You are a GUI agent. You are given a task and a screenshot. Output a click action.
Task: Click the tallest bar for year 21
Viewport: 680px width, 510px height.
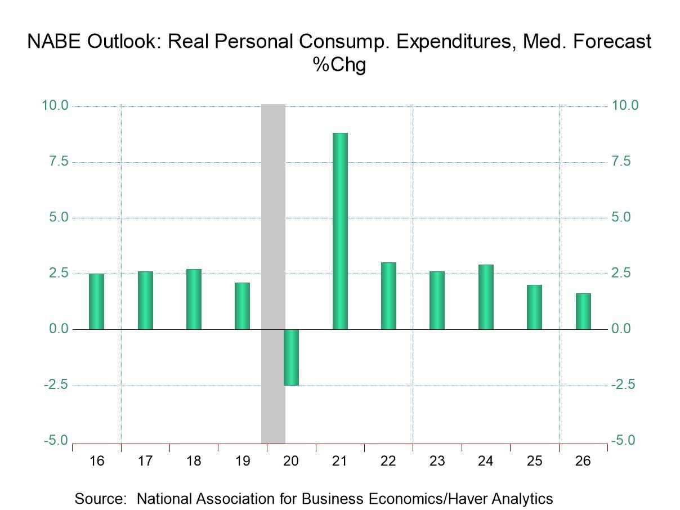(x=340, y=231)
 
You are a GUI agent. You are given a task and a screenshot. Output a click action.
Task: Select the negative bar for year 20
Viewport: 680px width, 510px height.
(x=291, y=357)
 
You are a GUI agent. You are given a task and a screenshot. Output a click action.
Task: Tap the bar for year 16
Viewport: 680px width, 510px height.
(x=97, y=301)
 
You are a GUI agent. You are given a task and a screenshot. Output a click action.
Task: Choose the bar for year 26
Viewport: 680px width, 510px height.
(x=583, y=311)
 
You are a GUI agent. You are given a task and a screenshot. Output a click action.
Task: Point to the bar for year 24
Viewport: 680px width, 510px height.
(x=486, y=297)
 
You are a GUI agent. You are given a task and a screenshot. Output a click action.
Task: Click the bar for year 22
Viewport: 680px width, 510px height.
(x=388, y=296)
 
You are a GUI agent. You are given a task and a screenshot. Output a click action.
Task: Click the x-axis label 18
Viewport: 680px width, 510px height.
(x=194, y=462)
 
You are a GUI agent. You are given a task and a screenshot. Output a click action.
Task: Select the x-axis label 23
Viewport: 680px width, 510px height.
(x=437, y=462)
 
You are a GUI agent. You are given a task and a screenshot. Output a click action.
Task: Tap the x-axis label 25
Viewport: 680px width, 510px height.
(x=534, y=462)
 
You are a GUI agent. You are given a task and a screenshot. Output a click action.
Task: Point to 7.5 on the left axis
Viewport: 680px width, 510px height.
(x=56, y=162)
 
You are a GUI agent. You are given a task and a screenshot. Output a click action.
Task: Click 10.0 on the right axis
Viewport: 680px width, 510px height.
(x=625, y=106)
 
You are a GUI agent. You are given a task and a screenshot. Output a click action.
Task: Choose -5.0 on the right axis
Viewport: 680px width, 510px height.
(x=625, y=441)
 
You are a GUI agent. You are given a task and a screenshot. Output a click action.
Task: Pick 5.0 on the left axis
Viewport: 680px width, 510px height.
(x=56, y=218)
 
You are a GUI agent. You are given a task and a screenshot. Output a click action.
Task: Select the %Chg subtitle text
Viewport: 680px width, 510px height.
(x=339, y=65)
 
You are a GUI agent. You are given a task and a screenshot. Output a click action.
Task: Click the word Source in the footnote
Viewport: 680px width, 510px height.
(x=101, y=499)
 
